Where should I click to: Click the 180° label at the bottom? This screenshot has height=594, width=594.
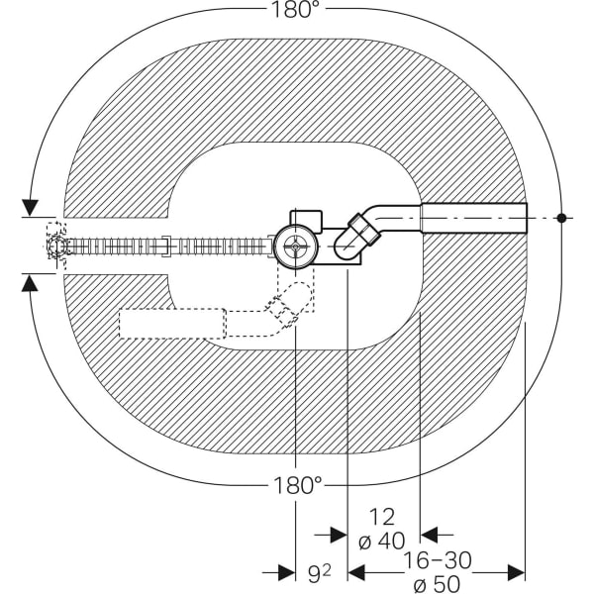point(297,485)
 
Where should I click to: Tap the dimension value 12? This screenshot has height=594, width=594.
point(381,517)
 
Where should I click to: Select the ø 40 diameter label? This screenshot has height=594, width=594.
point(381,541)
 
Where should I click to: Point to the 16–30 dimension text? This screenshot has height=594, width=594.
point(438,560)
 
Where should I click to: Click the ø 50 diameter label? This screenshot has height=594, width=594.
point(437,584)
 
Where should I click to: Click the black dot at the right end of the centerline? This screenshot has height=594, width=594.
point(561,218)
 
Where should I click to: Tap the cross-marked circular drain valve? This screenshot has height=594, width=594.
point(295,247)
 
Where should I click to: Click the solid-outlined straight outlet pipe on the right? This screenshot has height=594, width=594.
point(474,218)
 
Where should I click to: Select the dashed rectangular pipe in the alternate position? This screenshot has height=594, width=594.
point(172,323)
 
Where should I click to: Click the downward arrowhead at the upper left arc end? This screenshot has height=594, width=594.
point(31,207)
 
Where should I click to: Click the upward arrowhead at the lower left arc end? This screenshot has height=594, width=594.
point(30,283)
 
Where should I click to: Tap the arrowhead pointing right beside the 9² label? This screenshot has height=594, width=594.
point(287,572)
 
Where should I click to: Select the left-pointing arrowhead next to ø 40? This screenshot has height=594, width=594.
point(429,535)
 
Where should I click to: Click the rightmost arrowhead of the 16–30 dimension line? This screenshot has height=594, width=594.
point(516,572)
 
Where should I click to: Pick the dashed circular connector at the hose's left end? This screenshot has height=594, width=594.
point(57,246)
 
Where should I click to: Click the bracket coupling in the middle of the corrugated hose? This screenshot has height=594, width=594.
point(167,247)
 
